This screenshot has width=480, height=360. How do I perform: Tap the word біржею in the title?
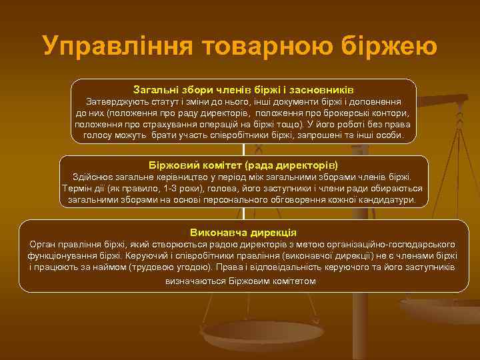[389, 45]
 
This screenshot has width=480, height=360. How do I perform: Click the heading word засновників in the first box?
[323, 89]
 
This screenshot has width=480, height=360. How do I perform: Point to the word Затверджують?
[118, 103]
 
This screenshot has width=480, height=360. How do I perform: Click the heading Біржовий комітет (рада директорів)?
[243, 164]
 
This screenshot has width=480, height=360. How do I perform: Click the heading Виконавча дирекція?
[243, 232]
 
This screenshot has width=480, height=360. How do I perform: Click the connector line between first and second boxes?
[244, 150]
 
